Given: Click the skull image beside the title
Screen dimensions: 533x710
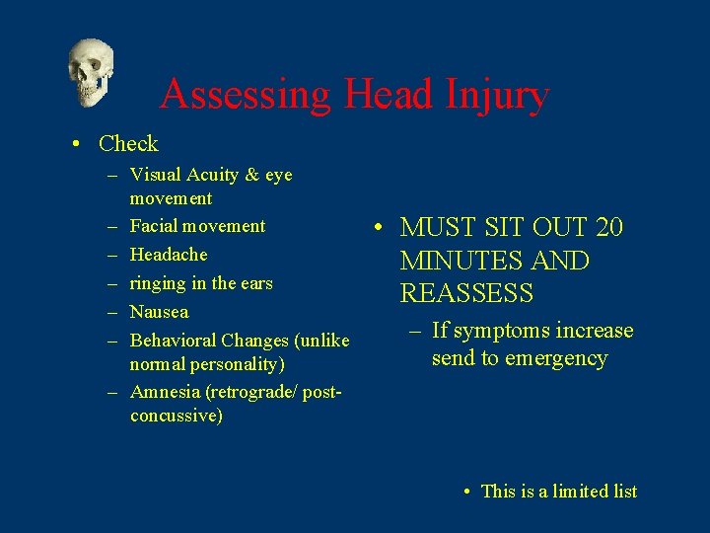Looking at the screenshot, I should pyautogui.click(x=90, y=71).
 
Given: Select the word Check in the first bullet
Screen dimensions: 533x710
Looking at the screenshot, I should pyautogui.click(x=128, y=144).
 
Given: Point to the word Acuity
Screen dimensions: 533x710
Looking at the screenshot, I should pyautogui.click(x=212, y=175).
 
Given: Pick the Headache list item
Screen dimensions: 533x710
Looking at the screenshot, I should pyautogui.click(x=169, y=255).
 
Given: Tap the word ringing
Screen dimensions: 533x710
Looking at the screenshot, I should pyautogui.click(x=158, y=284).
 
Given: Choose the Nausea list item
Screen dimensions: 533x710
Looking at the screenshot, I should pyautogui.click(x=159, y=312).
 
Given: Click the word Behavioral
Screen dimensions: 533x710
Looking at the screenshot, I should pyautogui.click(x=174, y=341).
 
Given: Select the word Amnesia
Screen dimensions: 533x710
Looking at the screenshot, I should pyautogui.click(x=163, y=391).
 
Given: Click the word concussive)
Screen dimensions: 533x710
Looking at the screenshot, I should pyautogui.click(x=176, y=416).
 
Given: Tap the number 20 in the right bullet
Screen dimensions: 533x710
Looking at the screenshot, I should pyautogui.click(x=609, y=228).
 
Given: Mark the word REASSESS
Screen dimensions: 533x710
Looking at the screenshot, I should pyautogui.click(x=466, y=294).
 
